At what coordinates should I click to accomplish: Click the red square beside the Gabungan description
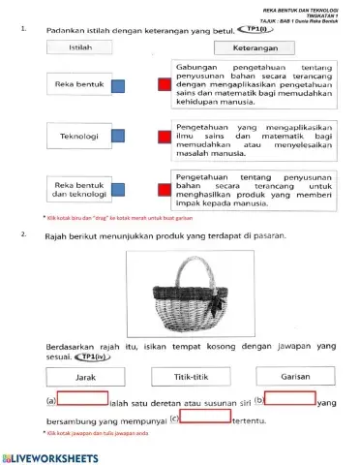click(x=163, y=86)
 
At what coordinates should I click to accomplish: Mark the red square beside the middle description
click(x=163, y=137)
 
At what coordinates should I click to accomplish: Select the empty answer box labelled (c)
click(x=205, y=418)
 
